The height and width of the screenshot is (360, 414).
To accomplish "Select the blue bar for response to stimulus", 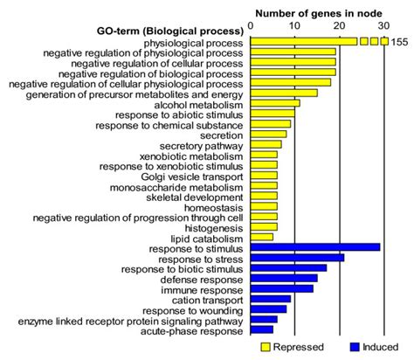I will point(315,248).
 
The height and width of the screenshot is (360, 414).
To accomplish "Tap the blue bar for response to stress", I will point(298,259).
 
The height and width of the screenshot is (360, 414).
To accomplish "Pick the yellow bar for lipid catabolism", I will point(262,238).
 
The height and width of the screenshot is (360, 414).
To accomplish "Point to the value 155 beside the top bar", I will point(401,41).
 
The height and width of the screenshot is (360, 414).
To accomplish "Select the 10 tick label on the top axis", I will point(294,26).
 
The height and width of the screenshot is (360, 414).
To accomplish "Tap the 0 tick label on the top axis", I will point(251,26).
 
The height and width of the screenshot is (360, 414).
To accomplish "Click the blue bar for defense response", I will point(284,279).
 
